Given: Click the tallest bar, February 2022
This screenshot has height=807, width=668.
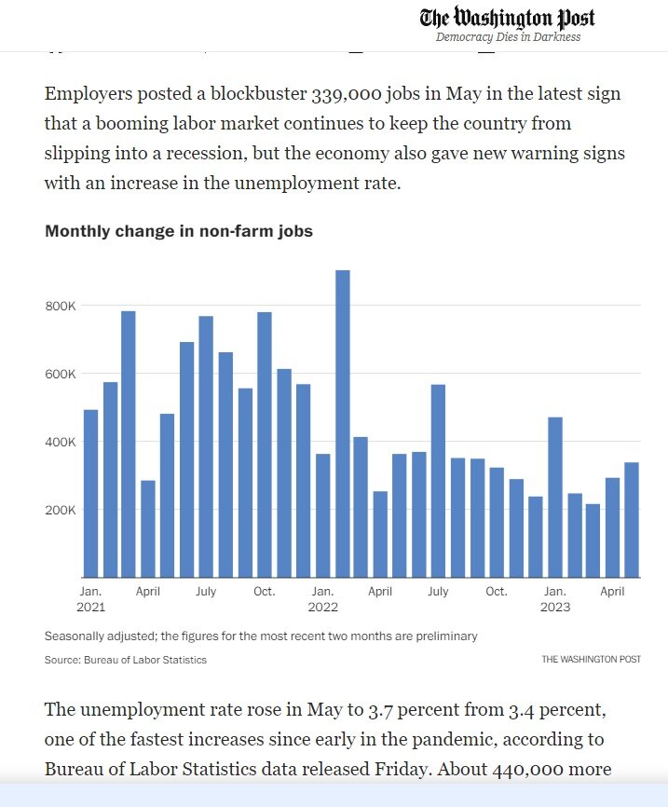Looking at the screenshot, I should coord(342,424).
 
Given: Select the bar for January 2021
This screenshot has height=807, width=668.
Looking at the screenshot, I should coord(90,493).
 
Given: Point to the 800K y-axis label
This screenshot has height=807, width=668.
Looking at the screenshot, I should coord(61,306).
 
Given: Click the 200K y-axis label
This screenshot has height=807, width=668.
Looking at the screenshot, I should coord(61,510).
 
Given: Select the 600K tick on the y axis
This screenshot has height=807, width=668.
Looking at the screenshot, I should coord(61,374).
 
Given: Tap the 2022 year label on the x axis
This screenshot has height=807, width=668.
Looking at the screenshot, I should coord(323,607).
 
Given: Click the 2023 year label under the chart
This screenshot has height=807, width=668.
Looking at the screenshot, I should coord(555,607).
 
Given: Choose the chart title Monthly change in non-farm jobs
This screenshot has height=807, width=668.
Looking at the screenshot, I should coord(179,231).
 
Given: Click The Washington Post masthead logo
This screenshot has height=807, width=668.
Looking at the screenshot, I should coord(507,18).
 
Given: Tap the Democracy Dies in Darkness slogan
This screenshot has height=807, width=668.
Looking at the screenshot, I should coord(508,37).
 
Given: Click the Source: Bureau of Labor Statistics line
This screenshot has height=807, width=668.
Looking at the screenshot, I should coord(126,660).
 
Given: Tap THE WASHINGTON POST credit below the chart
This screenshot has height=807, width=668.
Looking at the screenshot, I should coord(591,660).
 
